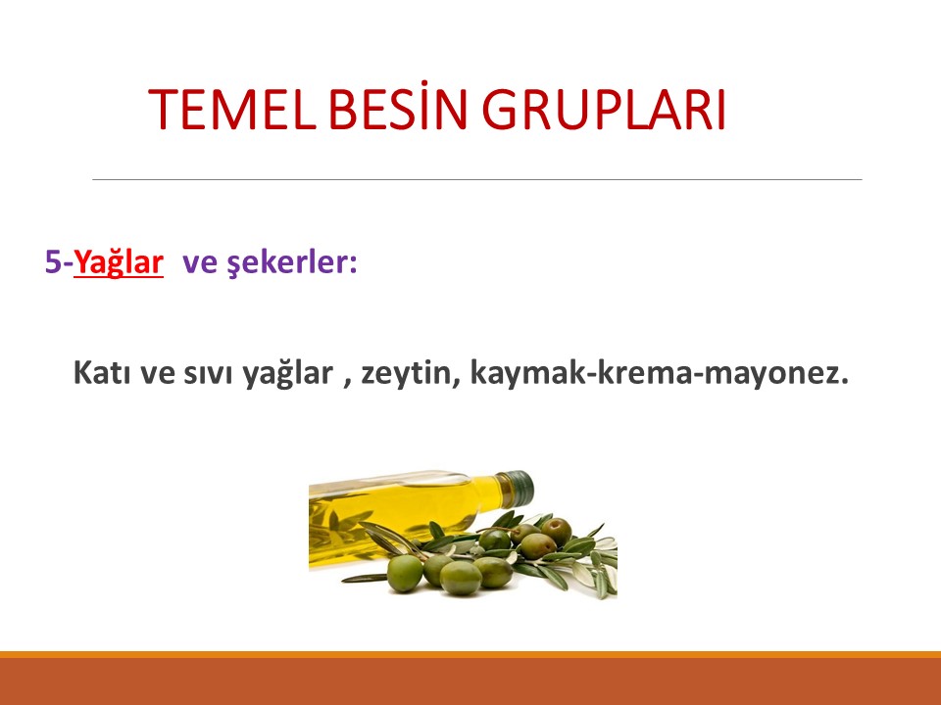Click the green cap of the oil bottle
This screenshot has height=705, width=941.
[x=519, y=485]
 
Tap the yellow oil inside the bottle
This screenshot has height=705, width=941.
[x=392, y=509]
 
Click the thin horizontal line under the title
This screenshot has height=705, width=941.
[x=476, y=179]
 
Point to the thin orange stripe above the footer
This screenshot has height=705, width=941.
[x=470, y=654]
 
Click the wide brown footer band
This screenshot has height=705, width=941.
[x=470, y=681]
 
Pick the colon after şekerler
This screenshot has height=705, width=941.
[x=353, y=264]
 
